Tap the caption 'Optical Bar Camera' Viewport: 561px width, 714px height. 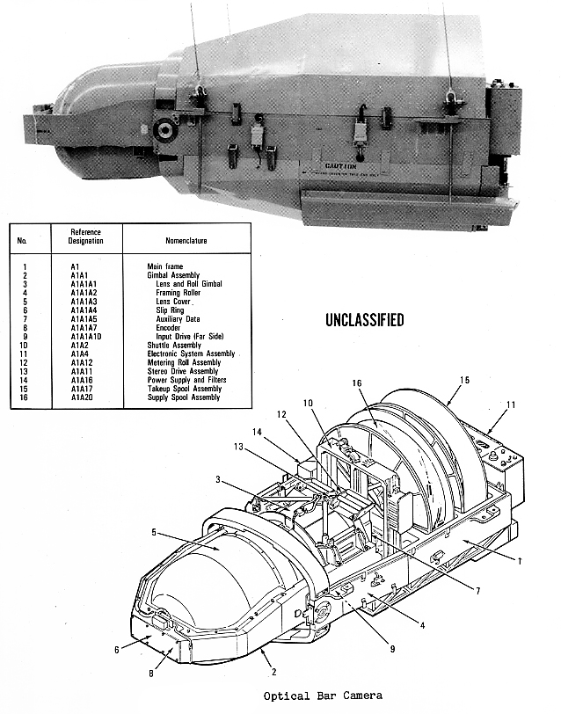coord(323,696)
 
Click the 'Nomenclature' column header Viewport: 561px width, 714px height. coord(186,238)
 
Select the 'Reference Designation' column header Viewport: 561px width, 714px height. coord(86,236)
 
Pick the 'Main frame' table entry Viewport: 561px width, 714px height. coord(165,265)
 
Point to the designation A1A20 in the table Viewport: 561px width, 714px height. coord(84,397)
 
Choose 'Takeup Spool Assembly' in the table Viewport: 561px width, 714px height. coord(186,389)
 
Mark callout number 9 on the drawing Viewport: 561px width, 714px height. coord(393,649)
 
